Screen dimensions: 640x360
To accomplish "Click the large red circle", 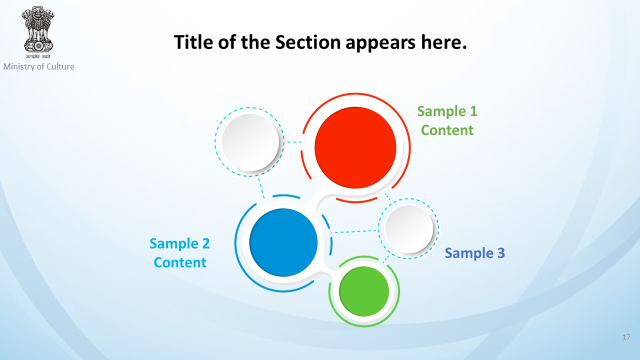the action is [x=355, y=147].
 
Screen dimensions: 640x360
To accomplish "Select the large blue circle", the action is [x=283, y=242].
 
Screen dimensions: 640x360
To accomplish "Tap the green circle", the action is [x=364, y=291].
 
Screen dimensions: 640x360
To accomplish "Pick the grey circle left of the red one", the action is [x=250, y=142].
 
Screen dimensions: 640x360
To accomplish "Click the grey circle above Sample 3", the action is [x=409, y=229].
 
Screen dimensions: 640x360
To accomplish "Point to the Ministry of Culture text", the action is [x=39, y=66].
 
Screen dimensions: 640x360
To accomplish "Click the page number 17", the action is [x=626, y=337].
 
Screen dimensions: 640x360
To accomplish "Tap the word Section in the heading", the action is [x=308, y=42].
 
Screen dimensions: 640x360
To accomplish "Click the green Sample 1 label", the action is [x=447, y=111].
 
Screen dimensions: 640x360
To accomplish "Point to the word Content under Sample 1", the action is [x=447, y=130].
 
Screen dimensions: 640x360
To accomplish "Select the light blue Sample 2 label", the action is [x=179, y=243].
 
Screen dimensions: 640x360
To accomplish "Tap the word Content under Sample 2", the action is [x=180, y=262].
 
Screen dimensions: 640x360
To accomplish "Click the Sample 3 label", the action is [x=475, y=253].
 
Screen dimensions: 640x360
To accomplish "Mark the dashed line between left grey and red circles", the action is [x=294, y=142].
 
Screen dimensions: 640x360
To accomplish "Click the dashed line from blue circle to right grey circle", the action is [x=354, y=231].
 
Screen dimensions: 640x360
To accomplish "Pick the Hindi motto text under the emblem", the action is [x=38, y=56].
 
